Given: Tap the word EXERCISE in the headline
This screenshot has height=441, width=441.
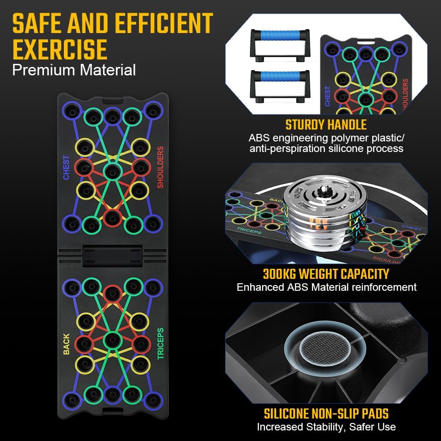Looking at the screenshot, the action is [x=60, y=49].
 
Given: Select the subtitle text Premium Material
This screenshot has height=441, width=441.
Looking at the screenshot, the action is [x=74, y=70].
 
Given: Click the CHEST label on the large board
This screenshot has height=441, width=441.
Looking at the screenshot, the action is [x=67, y=167].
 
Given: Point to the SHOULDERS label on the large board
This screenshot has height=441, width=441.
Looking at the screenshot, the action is [x=160, y=167].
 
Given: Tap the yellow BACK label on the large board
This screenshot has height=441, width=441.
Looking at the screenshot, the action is [x=67, y=344].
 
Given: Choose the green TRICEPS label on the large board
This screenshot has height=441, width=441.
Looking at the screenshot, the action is [x=160, y=343].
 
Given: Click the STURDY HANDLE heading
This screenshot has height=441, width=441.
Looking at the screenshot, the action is [x=326, y=125].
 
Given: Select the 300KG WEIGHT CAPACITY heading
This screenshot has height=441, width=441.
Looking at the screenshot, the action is [x=326, y=274].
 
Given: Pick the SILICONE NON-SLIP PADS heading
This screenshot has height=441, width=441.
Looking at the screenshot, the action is [x=326, y=413].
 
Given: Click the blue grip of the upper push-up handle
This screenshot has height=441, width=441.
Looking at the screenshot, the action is [x=280, y=35].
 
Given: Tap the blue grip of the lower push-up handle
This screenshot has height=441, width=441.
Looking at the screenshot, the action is [x=280, y=77].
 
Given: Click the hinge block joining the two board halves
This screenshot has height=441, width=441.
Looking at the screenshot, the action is [x=112, y=256].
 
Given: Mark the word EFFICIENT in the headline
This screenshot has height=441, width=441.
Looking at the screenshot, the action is [x=164, y=23].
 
